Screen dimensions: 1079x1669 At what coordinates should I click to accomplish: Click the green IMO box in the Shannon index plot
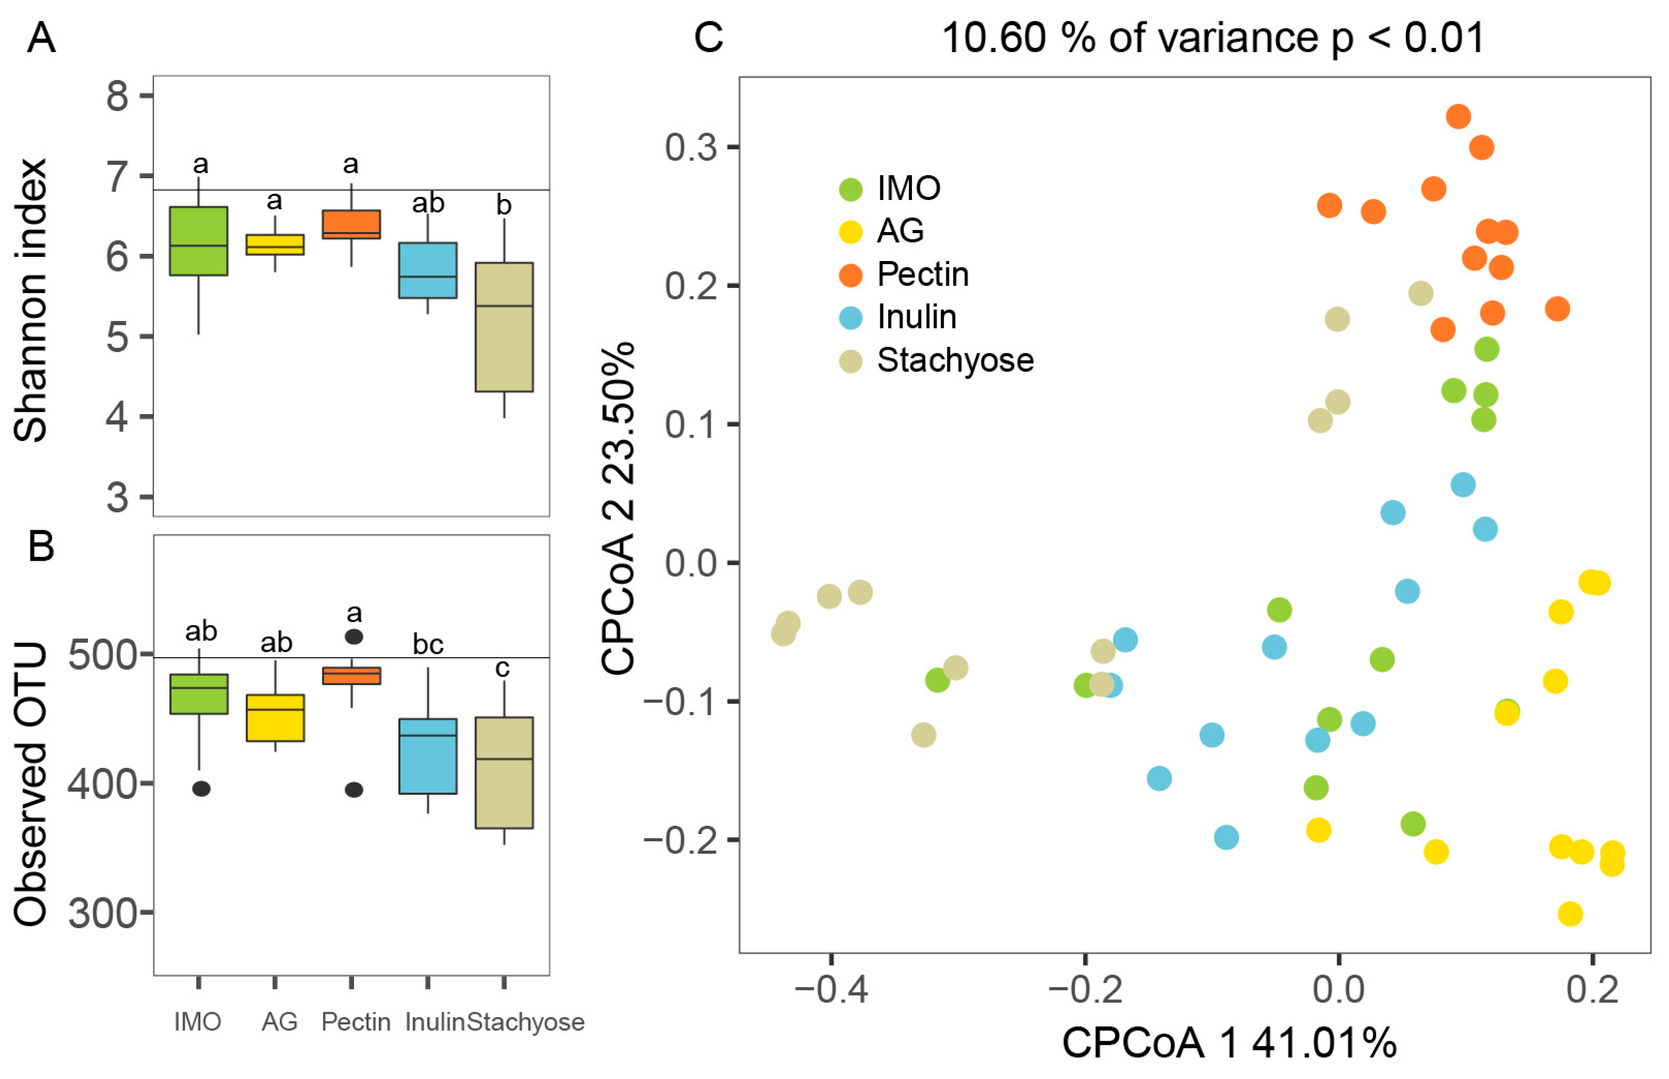199,240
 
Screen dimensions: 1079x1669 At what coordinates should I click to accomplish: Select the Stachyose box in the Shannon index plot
504,327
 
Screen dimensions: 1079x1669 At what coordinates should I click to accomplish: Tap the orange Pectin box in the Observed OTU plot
351,675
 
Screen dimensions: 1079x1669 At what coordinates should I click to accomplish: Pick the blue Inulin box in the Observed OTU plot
427,756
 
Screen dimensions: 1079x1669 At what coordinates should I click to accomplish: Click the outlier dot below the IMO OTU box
201,789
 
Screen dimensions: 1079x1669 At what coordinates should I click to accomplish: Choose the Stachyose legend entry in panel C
954,360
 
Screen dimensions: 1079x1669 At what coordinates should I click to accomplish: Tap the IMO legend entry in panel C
908,188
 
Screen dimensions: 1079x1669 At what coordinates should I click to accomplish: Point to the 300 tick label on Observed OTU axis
102,913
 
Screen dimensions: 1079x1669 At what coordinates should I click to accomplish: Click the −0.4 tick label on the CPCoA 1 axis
831,991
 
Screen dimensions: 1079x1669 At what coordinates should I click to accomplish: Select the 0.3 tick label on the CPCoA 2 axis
690,147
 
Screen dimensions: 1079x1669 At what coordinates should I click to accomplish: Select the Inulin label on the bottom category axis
434,1022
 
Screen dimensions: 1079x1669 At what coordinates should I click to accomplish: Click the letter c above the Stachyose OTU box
502,668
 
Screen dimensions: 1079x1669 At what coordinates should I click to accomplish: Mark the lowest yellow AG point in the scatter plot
1570,914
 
